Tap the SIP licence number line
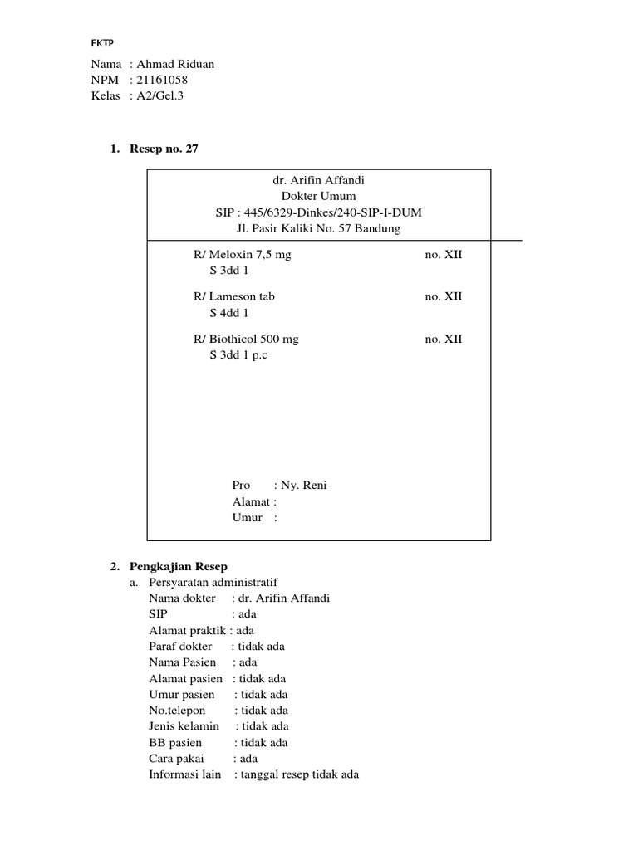click(x=318, y=212)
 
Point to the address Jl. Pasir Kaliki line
click(x=318, y=228)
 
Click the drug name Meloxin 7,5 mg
click(x=249, y=255)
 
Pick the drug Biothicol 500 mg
click(x=253, y=339)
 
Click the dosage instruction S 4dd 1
click(x=228, y=313)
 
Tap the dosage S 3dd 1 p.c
click(x=239, y=355)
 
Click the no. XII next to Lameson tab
click(x=443, y=296)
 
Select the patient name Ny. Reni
click(x=306, y=486)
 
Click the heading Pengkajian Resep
click(x=178, y=566)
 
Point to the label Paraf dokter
click(x=180, y=646)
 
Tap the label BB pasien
click(x=175, y=742)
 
